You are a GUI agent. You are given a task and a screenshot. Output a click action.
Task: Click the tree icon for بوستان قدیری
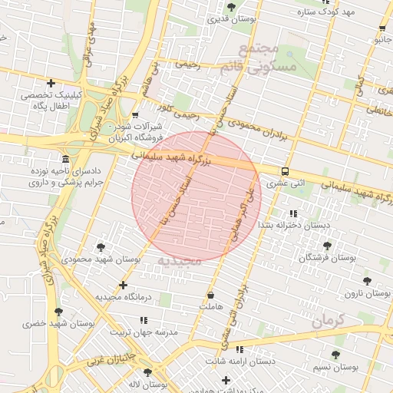(x=231, y=6)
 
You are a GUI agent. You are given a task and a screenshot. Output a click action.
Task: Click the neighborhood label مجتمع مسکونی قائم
(x=267, y=58)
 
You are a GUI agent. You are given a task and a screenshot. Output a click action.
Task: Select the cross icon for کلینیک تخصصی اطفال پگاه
(x=51, y=83)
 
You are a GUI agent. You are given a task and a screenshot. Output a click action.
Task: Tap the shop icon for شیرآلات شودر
(x=136, y=115)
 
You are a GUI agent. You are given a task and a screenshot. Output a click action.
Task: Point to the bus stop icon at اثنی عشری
(x=286, y=172)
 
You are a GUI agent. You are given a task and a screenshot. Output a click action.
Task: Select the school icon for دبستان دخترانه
(x=293, y=213)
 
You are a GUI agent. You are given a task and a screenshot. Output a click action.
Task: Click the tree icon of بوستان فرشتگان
(x=328, y=246)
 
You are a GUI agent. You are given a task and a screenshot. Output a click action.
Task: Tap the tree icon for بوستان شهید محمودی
(x=101, y=247)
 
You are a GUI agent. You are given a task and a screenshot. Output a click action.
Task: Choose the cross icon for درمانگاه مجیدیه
(x=123, y=285)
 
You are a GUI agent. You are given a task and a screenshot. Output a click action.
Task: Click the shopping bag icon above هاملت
(x=210, y=296)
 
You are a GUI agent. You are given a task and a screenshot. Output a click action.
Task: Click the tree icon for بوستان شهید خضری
(x=58, y=312)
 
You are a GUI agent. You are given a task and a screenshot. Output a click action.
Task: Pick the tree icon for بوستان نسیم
(x=335, y=355)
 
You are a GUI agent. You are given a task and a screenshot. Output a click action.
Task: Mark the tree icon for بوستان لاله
(x=148, y=372)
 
